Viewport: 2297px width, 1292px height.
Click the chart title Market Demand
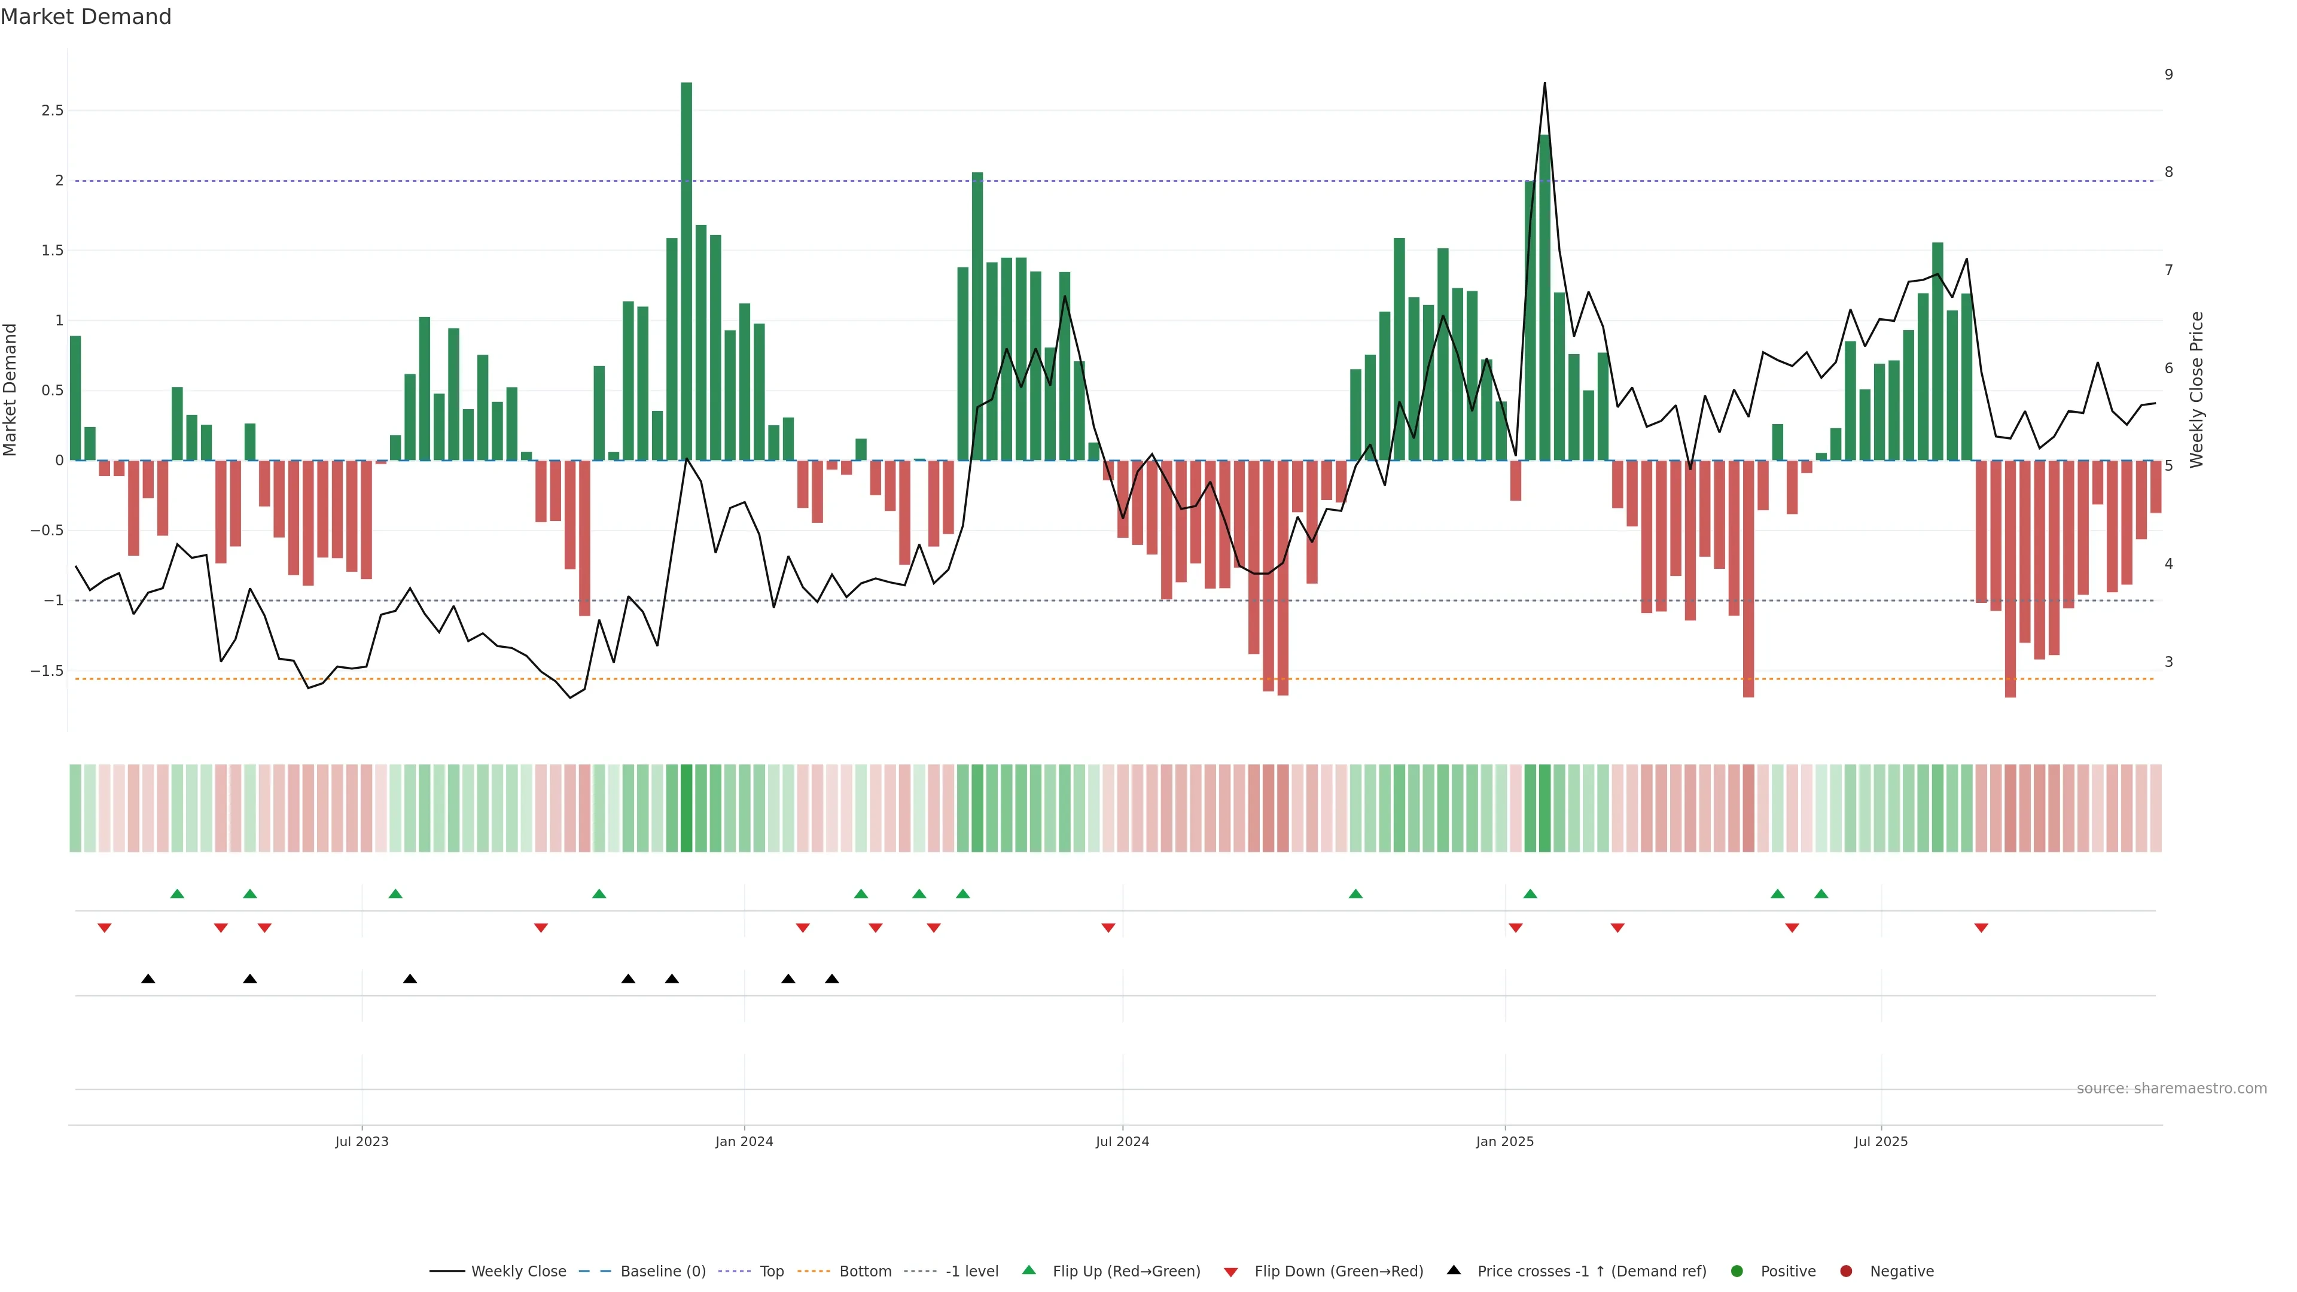(86, 17)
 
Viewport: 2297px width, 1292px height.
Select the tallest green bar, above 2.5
(686, 267)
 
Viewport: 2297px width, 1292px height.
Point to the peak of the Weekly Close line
(1544, 84)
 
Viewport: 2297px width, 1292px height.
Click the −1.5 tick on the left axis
(47, 671)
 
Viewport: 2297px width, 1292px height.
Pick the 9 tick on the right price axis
(2168, 75)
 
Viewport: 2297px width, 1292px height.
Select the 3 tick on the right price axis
(2168, 662)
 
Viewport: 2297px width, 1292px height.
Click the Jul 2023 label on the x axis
(361, 1141)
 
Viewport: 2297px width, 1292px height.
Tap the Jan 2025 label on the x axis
(1504, 1141)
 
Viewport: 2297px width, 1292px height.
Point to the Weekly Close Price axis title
(2197, 389)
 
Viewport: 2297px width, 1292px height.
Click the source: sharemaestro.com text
(2171, 1089)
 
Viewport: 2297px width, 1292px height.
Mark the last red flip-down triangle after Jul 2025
(1981, 928)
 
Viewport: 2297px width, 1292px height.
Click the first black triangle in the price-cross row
(148, 979)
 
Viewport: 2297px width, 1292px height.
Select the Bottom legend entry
(864, 1272)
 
